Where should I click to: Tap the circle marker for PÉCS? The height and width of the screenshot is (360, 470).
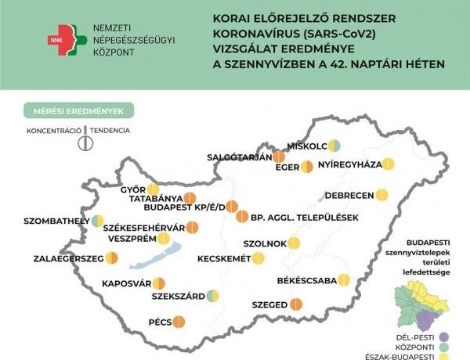point(178,321)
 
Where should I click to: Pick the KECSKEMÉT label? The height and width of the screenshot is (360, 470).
point(223,258)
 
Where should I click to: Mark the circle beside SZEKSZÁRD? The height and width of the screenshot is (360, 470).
point(212,296)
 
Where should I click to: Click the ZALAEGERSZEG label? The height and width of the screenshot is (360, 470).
point(66,258)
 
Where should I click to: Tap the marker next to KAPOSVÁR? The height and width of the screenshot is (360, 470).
point(159,283)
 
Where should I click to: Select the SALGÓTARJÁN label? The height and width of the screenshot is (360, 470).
point(239,157)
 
